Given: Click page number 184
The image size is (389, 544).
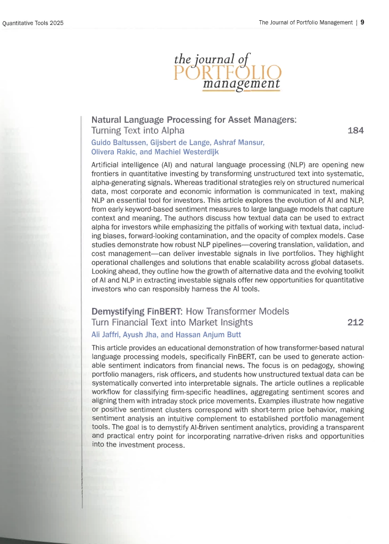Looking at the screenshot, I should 355,130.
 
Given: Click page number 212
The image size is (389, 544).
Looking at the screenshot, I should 355,322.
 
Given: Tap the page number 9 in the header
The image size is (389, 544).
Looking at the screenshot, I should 362,22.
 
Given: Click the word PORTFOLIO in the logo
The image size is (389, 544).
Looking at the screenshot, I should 227,73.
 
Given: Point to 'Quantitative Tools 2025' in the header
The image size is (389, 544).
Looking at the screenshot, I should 33,23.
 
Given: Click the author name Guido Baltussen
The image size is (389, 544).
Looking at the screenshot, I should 116,142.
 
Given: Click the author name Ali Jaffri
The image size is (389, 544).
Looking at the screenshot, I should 105,334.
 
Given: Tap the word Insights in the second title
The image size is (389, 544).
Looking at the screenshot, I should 235,322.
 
